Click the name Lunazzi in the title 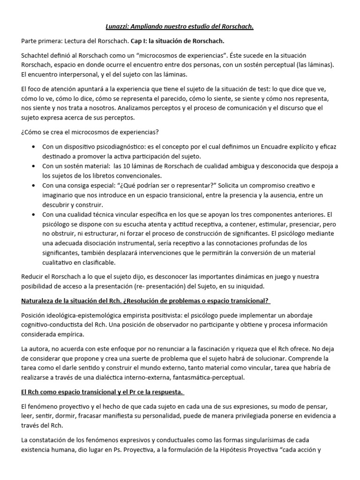(x=116, y=27)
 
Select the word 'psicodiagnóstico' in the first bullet (x=124, y=147)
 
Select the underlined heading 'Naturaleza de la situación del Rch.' (x=78, y=300)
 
